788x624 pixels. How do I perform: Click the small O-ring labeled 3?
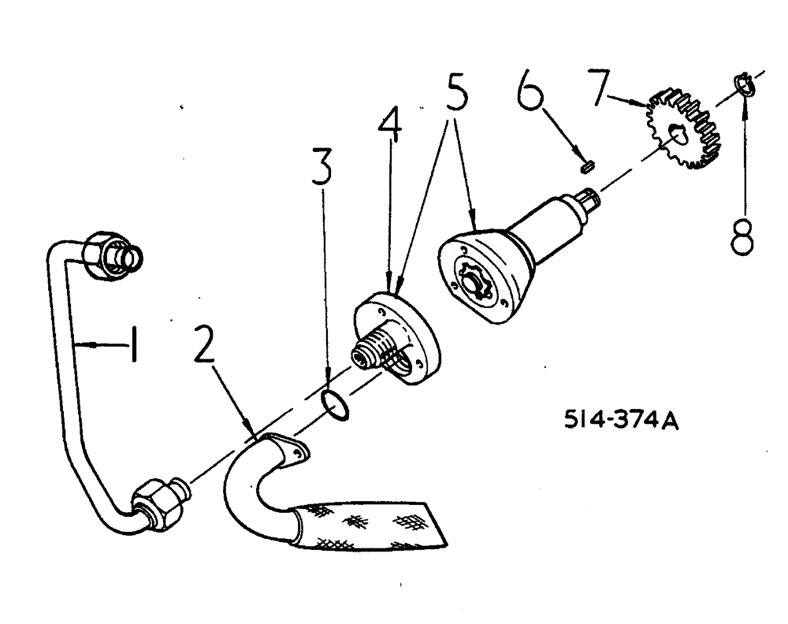click(336, 403)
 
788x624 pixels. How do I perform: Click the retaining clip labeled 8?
click(745, 83)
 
